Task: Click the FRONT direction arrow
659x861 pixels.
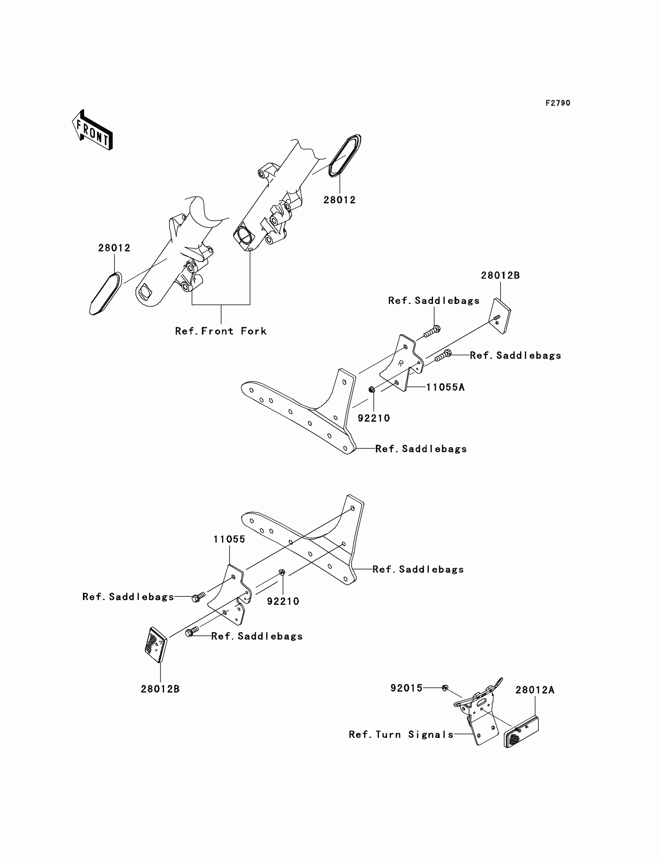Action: tap(93, 131)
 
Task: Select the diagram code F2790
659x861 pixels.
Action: tap(558, 103)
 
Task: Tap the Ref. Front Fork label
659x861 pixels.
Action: tap(221, 331)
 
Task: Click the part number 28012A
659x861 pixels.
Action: tap(535, 701)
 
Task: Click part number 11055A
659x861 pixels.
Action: tap(445, 387)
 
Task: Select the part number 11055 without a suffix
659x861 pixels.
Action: tap(229, 539)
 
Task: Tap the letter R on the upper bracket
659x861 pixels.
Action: tap(400, 363)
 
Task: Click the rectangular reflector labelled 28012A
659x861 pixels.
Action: tap(521, 732)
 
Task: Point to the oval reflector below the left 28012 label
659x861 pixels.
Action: tap(105, 294)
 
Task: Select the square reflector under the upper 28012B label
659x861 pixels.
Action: tap(500, 316)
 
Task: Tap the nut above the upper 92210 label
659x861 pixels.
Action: tap(372, 390)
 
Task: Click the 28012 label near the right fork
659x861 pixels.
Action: tap(339, 200)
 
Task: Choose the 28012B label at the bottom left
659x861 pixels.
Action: tap(160, 689)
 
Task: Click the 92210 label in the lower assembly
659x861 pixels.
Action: tap(283, 601)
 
